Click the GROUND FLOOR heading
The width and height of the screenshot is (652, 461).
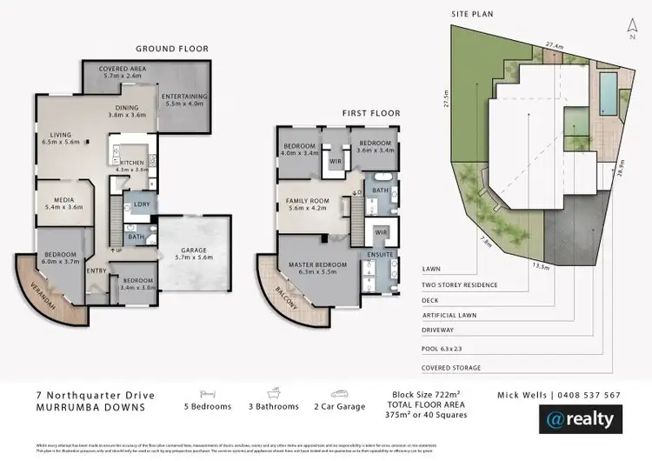click(171, 49)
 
